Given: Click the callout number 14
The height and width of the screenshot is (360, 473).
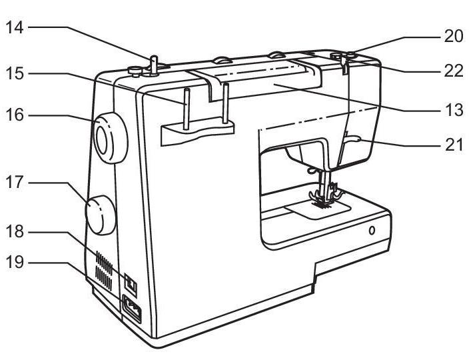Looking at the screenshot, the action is tap(15, 27).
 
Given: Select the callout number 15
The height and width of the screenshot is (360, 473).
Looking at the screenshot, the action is tap(15, 73).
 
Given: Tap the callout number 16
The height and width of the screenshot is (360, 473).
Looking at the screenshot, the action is tap(15, 115).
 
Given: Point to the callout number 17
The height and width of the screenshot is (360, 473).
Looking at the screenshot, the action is tap(15, 182).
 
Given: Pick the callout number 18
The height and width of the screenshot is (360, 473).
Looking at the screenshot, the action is tap(15, 232).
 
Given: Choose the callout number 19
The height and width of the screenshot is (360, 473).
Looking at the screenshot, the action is tap(15, 262).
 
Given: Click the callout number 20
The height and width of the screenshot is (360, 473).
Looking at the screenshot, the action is tap(454, 36).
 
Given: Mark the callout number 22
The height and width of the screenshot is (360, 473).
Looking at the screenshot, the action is tap(454, 71).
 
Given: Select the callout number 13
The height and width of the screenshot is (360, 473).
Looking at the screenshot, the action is tap(454, 110).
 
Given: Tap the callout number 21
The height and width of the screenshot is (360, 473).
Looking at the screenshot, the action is tap(454, 145).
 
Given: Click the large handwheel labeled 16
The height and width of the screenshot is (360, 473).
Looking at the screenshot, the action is tap(111, 138).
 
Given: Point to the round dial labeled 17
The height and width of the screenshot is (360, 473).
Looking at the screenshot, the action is tap(101, 215).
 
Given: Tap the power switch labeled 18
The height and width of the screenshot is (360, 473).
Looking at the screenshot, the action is tap(131, 284).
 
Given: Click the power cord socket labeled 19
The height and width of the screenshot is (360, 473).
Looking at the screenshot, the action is tap(131, 309).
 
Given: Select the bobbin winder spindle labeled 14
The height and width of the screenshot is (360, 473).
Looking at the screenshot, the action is tap(153, 65).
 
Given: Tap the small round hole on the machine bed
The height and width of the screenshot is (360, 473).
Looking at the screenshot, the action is tap(372, 231).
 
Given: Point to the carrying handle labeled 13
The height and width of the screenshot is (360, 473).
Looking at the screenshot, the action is tap(256, 79).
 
